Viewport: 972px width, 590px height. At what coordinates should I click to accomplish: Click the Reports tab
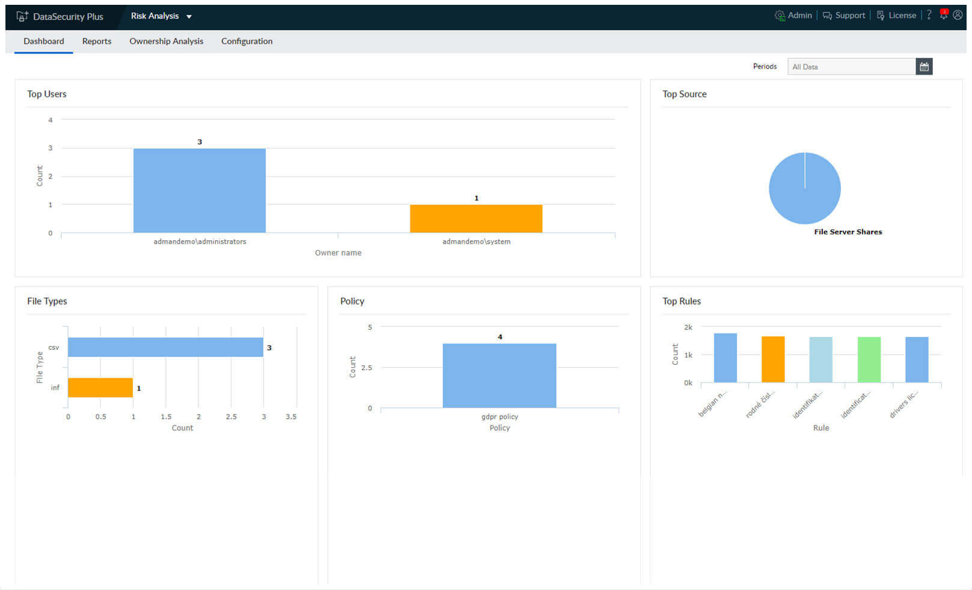coord(97,41)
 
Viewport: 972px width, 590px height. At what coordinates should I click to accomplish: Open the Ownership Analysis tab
coord(166,41)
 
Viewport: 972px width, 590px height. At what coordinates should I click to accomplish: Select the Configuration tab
coord(246,41)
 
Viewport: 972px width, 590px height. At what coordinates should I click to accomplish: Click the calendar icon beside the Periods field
coord(924,67)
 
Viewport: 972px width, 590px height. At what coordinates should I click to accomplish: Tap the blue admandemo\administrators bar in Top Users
coord(199,190)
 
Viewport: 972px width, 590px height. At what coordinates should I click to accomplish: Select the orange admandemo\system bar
coord(475,219)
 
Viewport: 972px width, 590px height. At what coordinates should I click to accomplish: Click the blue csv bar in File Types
coord(165,347)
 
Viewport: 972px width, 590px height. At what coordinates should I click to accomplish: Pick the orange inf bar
coord(100,388)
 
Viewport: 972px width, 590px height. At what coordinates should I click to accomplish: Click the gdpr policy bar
coord(499,376)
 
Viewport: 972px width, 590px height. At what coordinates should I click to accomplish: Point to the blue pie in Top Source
coord(804,188)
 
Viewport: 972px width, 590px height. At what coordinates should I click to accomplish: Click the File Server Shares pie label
coord(848,232)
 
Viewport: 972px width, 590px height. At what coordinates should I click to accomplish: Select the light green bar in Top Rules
coord(869,359)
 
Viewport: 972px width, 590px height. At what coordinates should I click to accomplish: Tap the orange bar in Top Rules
coord(772,359)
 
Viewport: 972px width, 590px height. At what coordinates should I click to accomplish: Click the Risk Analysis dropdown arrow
coord(189,17)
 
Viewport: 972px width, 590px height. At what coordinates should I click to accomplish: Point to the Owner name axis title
coord(338,253)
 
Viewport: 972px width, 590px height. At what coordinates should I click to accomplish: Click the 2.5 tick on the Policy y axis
coord(366,368)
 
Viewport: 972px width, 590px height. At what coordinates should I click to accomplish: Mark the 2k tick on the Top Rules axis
coord(688,327)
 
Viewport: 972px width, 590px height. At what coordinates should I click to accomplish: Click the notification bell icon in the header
coord(943,15)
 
